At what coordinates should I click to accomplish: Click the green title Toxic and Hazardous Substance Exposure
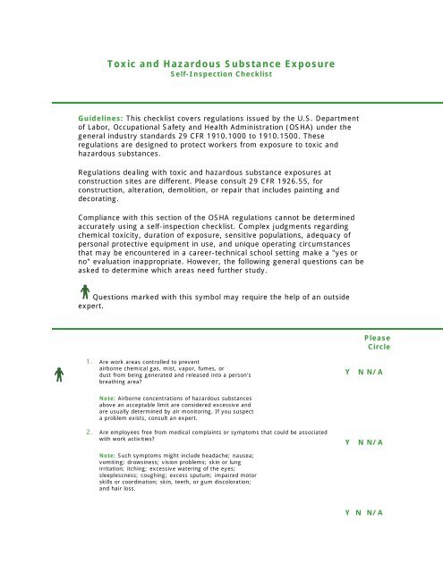pyautogui.click(x=220, y=65)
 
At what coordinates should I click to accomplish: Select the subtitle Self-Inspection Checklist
pyautogui.click(x=220, y=76)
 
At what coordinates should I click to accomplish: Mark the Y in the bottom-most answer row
pyautogui.click(x=347, y=513)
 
